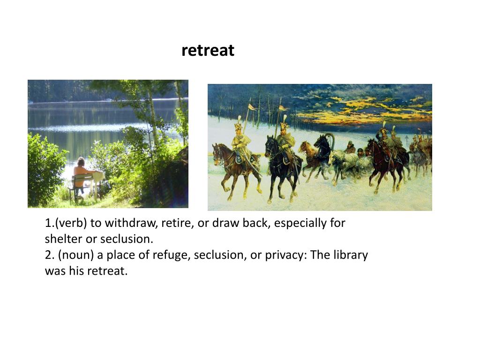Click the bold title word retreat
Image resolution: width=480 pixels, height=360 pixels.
[208, 50]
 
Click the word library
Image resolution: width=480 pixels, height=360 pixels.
[348, 255]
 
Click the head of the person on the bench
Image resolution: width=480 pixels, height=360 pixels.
[81, 162]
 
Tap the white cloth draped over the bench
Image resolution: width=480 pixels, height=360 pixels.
[98, 176]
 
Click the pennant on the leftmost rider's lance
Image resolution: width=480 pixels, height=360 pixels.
[252, 107]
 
